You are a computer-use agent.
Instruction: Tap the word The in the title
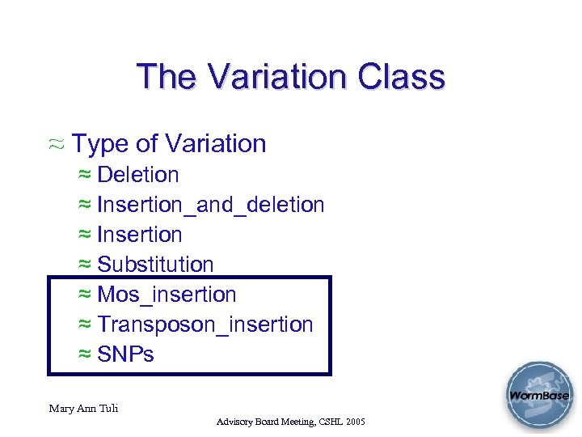(167, 77)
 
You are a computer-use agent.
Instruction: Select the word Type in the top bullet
(99, 144)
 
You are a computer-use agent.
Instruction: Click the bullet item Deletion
(138, 175)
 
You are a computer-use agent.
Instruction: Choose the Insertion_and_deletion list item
(210, 205)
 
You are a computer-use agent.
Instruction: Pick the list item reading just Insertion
(140, 235)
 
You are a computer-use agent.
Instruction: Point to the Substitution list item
(155, 265)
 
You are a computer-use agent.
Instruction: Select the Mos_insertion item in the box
(167, 295)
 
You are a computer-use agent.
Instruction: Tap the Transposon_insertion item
(205, 325)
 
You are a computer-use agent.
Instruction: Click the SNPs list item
(125, 354)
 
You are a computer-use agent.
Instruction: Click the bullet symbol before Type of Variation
(57, 145)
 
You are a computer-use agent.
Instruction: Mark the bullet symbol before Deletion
(85, 176)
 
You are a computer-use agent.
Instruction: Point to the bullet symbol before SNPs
(85, 355)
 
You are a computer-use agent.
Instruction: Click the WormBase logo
(538, 396)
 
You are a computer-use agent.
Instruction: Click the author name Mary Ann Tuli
(83, 408)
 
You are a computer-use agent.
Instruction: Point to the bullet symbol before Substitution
(85, 265)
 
